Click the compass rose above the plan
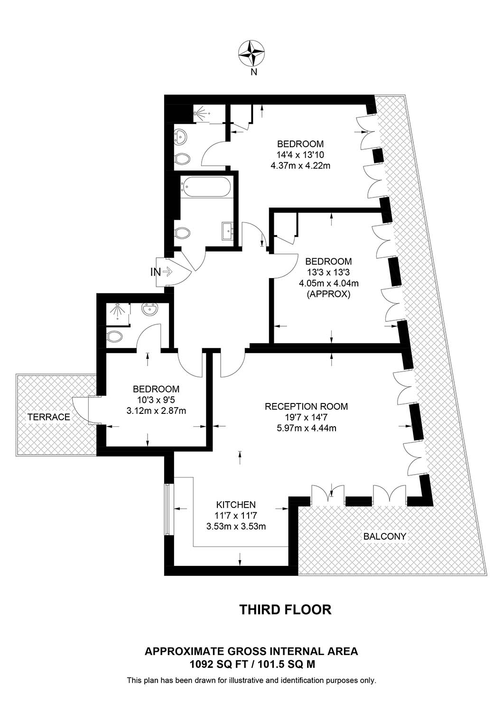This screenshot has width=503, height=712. coord(251,52)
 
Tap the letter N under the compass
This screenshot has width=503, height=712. coord(253,73)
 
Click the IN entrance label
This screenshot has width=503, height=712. coord(155,272)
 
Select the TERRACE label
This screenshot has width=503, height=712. coord(48,417)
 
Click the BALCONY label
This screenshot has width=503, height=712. coord(384,536)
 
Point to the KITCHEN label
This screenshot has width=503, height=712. coord(236,505)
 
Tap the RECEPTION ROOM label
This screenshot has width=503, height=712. coord(307,406)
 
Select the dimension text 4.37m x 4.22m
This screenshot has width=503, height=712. coord(300,166)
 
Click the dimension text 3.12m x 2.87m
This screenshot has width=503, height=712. coord(156,411)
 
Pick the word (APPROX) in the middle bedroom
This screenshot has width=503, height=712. coord(328,294)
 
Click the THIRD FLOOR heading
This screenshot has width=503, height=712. coord(285,610)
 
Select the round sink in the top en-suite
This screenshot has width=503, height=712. coord(180,137)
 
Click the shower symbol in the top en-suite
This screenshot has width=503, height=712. coord(200,112)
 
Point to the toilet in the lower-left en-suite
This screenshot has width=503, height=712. coord(114,336)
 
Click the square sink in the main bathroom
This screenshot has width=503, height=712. coord(227,232)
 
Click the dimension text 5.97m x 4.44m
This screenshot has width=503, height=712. coord(307,428)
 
